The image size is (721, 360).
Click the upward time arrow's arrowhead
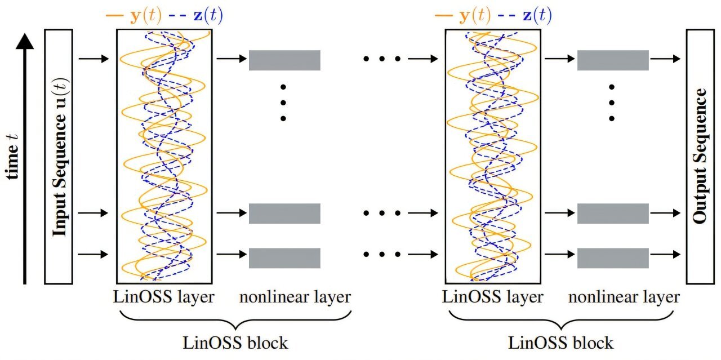pos(25,41)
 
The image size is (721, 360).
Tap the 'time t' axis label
pos(12,157)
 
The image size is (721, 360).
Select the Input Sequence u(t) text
pos(60,157)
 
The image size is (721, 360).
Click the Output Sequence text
pos(700,156)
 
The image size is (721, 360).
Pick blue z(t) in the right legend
pos(533,15)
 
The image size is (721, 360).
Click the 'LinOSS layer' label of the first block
pos(163,297)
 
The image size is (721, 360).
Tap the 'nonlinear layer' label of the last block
pos(624,297)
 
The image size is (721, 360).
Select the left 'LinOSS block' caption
pos(235,343)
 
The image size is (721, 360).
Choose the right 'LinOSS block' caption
pos(560,343)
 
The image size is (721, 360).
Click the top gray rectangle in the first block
pos(284,60)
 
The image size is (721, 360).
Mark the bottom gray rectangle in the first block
pos(284,258)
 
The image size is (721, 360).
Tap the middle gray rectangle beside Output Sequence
pos(613,214)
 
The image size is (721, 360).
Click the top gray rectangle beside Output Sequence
pos(613,60)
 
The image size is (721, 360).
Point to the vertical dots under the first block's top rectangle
pos(283,103)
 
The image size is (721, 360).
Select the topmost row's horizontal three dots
pos(382,59)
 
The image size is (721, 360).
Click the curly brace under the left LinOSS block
pos(235,321)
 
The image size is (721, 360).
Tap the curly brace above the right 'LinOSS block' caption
pos(560,321)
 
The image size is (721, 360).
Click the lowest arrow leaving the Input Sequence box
pos(93,254)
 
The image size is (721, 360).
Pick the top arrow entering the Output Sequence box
pos(665,59)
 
